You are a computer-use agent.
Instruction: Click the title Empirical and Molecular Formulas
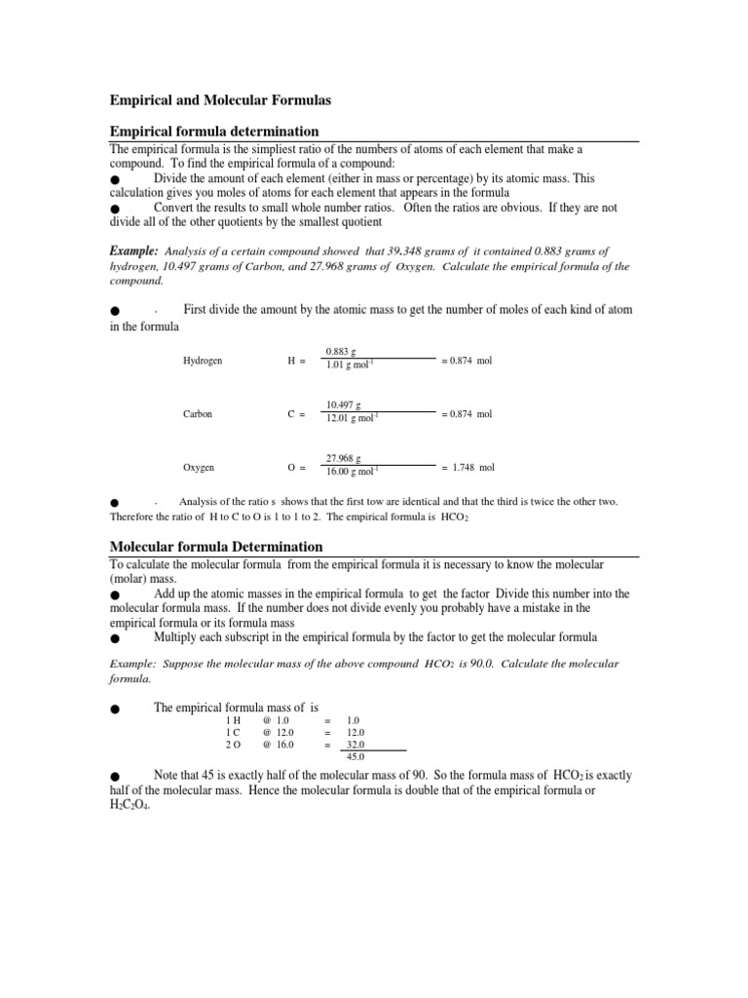point(220,99)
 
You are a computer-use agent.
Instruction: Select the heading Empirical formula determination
point(214,132)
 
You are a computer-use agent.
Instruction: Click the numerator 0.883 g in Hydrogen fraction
point(340,352)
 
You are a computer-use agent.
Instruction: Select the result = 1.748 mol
point(467,467)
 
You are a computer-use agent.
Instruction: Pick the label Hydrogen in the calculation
point(203,361)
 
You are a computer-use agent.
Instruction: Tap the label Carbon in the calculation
point(198,414)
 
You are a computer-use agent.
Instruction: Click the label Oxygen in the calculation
point(199,467)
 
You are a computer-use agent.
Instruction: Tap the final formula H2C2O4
point(131,807)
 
